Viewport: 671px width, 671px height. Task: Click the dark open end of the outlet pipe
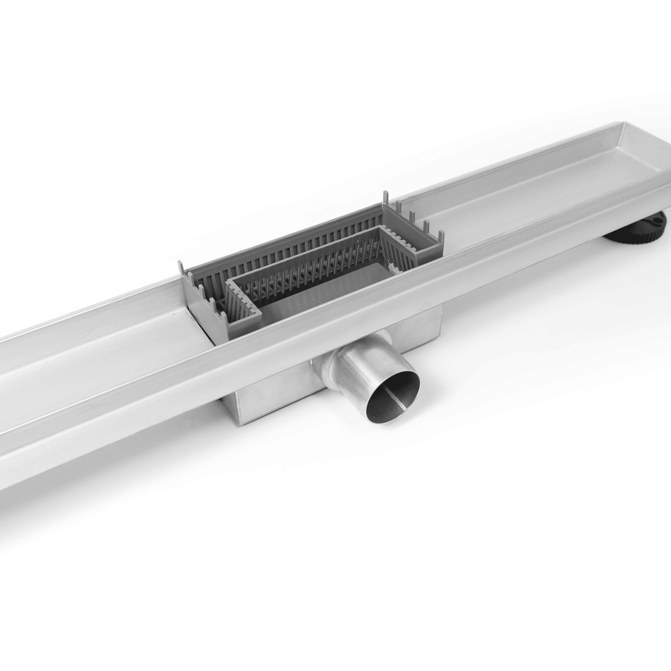coord(393,396)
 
